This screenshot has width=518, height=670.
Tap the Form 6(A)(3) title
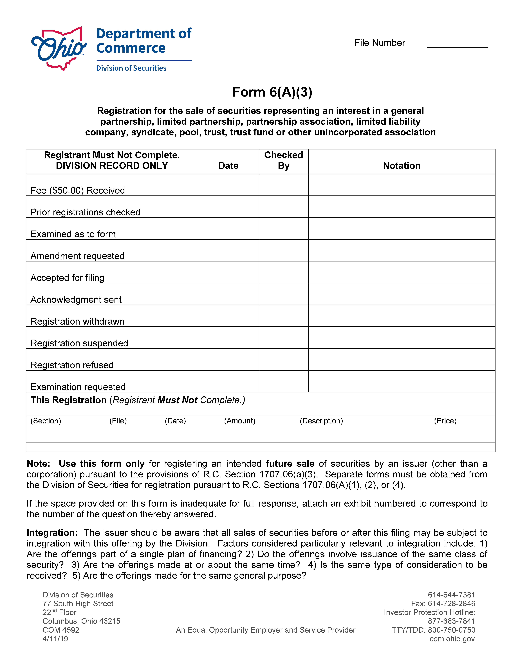tap(272, 92)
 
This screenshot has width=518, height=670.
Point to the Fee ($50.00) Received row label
tap(78, 191)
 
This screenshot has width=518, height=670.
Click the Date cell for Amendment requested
tap(228, 250)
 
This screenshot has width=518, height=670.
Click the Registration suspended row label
tap(79, 343)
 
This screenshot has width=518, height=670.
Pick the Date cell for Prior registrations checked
tap(228, 207)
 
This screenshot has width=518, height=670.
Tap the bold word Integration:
tap(52, 533)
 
